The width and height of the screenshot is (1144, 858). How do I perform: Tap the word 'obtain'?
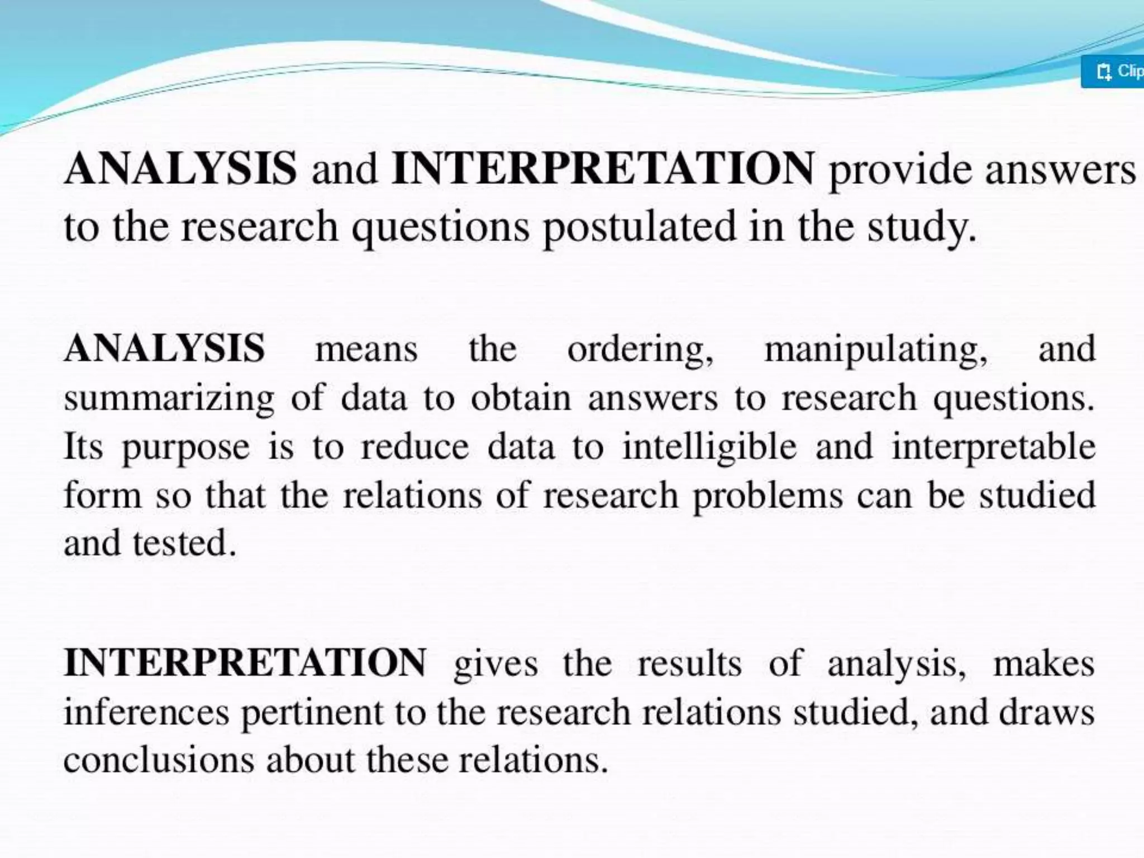(x=521, y=398)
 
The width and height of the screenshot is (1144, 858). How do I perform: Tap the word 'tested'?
(x=184, y=544)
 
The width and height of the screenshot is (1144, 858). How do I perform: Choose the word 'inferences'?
(x=146, y=712)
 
